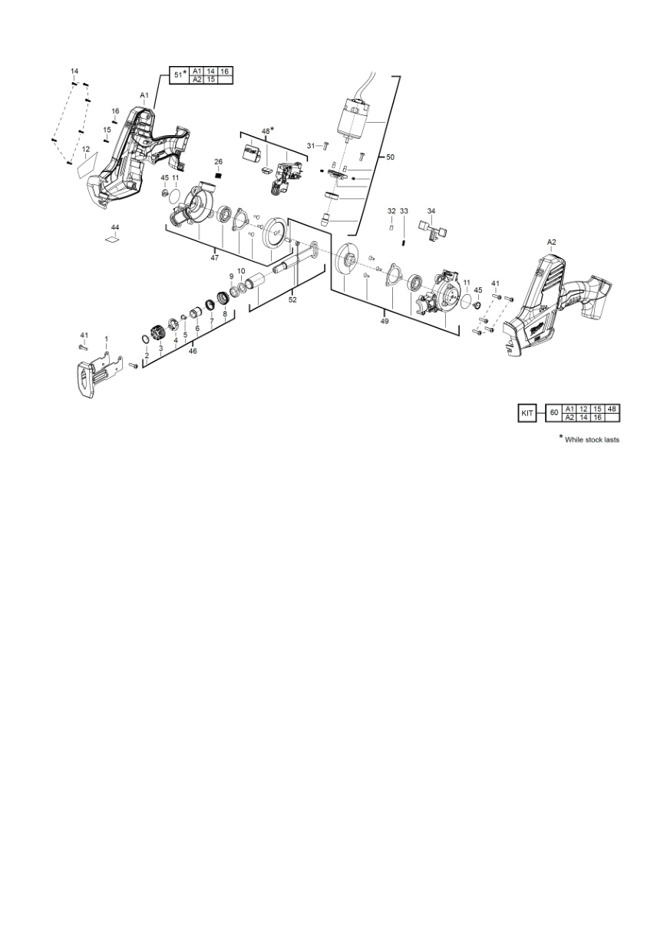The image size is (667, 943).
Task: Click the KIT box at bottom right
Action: pyautogui.click(x=527, y=413)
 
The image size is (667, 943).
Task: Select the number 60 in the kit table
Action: pyautogui.click(x=554, y=413)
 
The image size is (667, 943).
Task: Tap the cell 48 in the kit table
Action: pyautogui.click(x=612, y=409)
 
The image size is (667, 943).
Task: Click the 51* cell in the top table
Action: pyautogui.click(x=180, y=75)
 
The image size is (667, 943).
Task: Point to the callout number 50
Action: pyautogui.click(x=390, y=157)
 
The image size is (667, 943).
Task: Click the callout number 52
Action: pyautogui.click(x=292, y=299)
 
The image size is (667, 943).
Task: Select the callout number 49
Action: pyautogui.click(x=385, y=321)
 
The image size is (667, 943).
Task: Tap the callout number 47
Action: pyautogui.click(x=214, y=257)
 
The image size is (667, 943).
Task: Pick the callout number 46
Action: pyautogui.click(x=193, y=351)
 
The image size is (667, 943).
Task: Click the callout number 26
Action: pyautogui.click(x=218, y=162)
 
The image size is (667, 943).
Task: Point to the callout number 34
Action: pyautogui.click(x=431, y=211)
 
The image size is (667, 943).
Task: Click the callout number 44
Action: pyautogui.click(x=115, y=227)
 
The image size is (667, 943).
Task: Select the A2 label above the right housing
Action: pyautogui.click(x=551, y=242)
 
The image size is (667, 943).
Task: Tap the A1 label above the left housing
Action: pyautogui.click(x=144, y=94)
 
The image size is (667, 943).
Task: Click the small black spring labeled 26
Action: pyautogui.click(x=218, y=175)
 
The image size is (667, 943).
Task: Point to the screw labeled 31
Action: pyautogui.click(x=325, y=146)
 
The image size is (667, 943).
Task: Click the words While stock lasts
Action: pyautogui.click(x=592, y=440)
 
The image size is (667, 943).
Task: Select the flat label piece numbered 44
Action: pyautogui.click(x=112, y=240)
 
